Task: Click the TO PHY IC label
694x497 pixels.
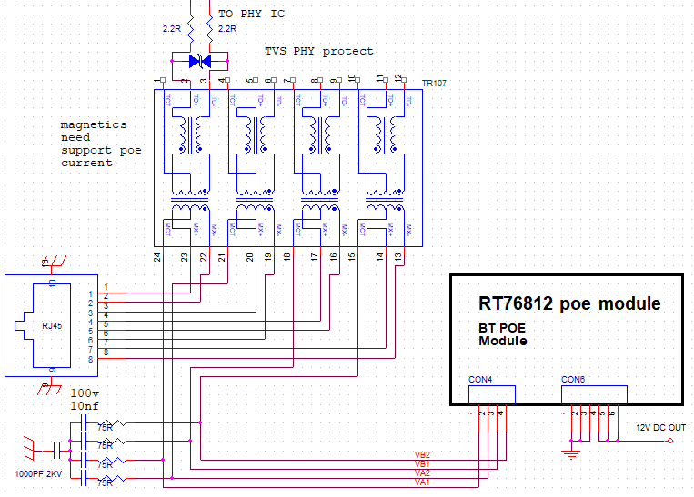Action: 251,14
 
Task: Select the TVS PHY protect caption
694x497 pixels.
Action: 318,51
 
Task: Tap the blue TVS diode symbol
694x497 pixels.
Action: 199,62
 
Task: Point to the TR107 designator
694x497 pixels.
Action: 434,83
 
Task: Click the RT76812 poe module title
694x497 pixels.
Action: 569,303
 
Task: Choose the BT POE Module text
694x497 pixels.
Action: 502,333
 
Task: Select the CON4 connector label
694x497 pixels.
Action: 481,379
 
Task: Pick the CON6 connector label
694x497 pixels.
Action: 573,379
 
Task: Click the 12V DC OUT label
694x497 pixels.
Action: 654,427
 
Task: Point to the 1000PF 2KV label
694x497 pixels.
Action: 37,474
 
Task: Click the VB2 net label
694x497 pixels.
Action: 422,454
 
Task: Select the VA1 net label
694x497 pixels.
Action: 422,482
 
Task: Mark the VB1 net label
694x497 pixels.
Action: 422,464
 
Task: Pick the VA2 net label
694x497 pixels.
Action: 422,473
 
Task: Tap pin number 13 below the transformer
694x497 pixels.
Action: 398,258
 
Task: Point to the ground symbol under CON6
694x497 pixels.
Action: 570,452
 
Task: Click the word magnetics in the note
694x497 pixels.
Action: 94,124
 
